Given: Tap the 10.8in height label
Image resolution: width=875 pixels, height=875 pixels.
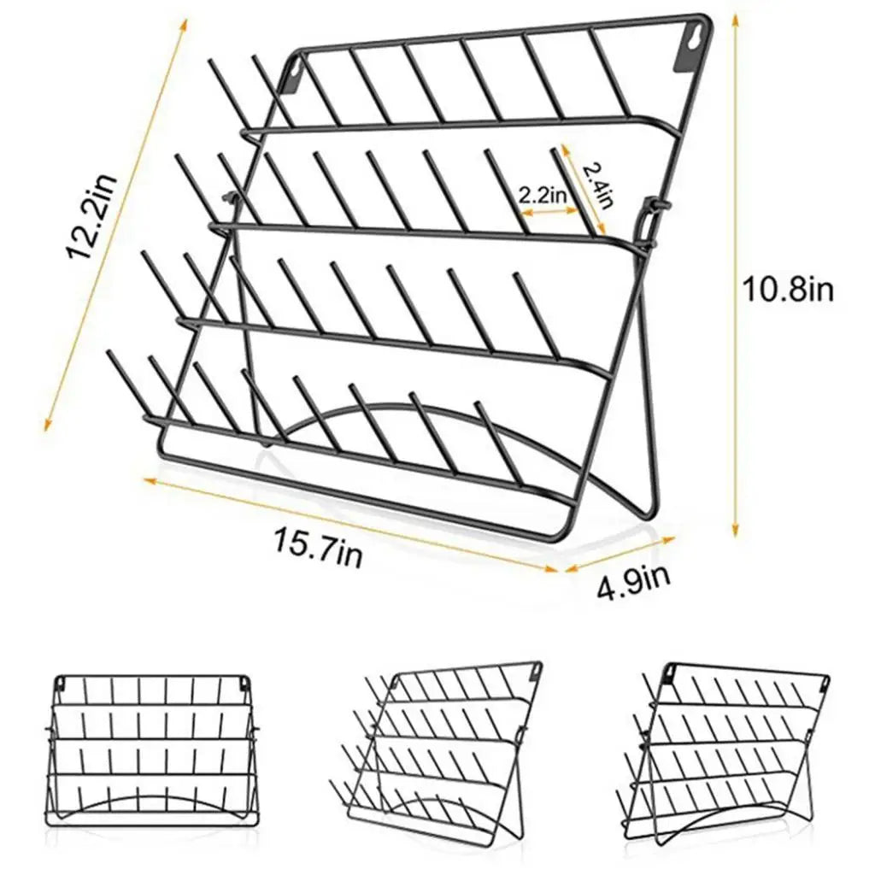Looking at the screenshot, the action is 789,290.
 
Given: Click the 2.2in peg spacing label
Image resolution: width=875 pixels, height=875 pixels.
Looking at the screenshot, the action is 543,196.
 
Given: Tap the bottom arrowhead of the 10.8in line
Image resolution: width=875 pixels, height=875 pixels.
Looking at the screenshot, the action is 736,527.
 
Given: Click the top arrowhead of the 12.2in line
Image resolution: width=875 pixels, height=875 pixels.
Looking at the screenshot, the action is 184,25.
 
